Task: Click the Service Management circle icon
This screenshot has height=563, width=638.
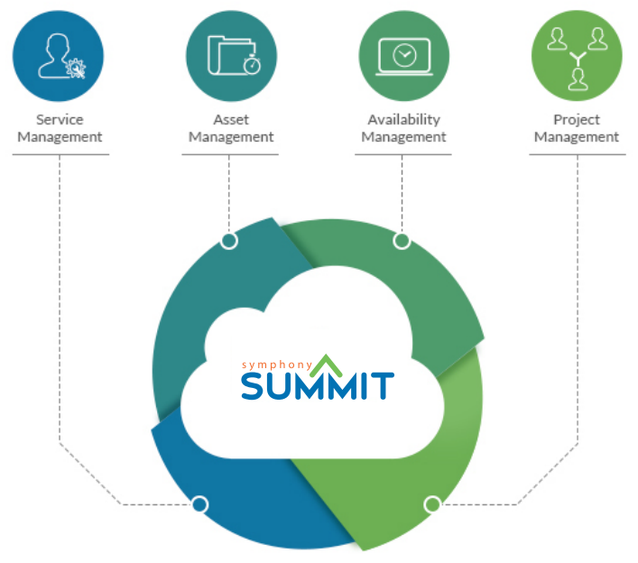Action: coord(59,55)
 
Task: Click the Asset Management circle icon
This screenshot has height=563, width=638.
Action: coord(231,55)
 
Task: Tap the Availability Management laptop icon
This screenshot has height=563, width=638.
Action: coord(403,55)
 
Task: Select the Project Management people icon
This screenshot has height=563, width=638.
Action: coord(577,55)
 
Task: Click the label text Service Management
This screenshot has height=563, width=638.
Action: coord(60,128)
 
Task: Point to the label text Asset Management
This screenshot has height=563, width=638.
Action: coord(231,128)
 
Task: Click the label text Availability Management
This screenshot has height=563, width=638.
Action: coord(403,128)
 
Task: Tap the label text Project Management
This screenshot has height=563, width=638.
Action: coord(577,128)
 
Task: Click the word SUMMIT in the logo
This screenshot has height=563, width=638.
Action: coord(317,385)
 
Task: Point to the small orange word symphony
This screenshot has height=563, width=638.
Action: coord(276,365)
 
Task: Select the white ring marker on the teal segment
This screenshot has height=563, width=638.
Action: coord(229,241)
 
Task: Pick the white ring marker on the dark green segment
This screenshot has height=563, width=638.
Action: coord(402,241)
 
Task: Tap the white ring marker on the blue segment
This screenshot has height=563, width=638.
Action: coord(200,504)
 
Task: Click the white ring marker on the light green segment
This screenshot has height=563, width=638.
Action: coord(432,504)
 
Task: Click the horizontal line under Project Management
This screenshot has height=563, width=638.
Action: coord(577,154)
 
